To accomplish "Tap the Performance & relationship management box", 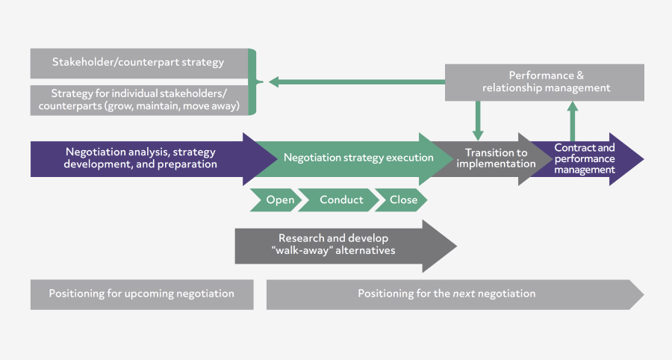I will [545, 82].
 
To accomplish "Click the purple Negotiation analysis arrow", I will [142, 158].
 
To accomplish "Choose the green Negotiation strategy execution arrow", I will [358, 158].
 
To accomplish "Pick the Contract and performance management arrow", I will [585, 159].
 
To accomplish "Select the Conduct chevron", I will [341, 200].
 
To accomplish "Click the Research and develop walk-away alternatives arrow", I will [336, 245].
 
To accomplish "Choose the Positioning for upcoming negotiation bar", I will [142, 294].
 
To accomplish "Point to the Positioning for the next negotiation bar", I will [448, 294].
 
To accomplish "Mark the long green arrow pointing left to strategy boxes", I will [358, 81].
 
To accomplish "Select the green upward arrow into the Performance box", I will [573, 120].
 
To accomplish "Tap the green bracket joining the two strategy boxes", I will [253, 81].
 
